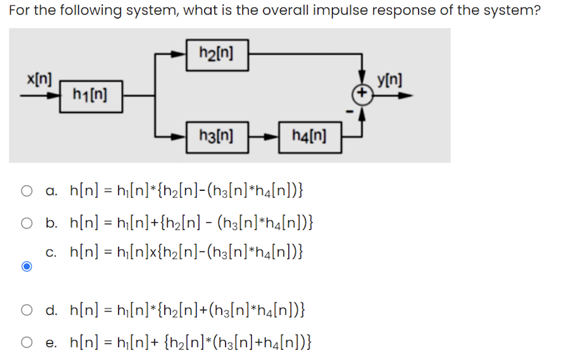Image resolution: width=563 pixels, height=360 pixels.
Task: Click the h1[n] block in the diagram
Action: pos(91,96)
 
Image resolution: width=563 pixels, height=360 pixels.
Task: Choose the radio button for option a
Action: pos(27,189)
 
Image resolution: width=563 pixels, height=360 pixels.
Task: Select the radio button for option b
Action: pos(27,223)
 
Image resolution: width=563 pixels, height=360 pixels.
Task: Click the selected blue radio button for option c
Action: pos(27,267)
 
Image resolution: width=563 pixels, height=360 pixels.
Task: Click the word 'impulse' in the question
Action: pos(336,11)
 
